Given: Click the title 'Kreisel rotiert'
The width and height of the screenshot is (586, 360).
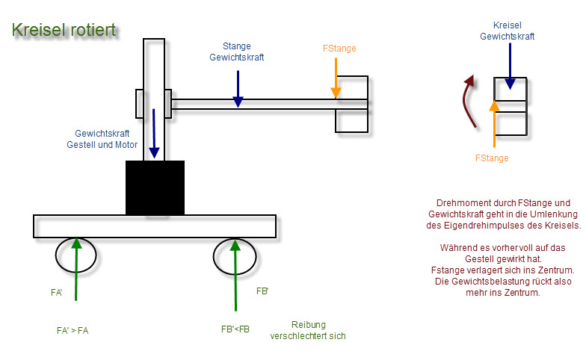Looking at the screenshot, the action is click(x=64, y=30).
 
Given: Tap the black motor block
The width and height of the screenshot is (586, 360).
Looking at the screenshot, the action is click(x=155, y=188).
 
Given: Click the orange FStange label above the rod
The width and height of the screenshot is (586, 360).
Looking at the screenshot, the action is click(x=339, y=49).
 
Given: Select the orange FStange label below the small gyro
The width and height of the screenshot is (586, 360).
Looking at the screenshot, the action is click(x=492, y=158).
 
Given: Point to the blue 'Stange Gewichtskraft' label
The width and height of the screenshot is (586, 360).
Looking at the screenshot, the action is click(x=236, y=52).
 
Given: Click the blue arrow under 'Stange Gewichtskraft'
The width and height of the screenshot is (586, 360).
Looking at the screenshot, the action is click(x=238, y=89).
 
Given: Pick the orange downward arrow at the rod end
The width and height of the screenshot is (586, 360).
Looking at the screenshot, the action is click(x=336, y=78).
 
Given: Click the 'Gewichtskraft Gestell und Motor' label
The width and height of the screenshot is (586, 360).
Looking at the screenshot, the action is click(x=102, y=139).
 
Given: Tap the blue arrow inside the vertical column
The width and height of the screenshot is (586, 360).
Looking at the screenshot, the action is click(x=154, y=134).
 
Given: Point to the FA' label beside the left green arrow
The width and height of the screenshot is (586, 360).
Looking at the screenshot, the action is click(x=57, y=293).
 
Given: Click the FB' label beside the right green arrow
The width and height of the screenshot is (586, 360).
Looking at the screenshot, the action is click(x=262, y=291).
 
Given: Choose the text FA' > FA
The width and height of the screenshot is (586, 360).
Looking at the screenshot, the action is click(x=73, y=331).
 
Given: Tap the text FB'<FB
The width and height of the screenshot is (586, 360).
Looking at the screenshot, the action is click(x=235, y=329).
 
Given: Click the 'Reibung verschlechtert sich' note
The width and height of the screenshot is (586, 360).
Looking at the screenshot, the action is click(x=308, y=330).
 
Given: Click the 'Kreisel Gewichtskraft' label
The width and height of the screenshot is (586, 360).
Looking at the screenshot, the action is click(x=507, y=31).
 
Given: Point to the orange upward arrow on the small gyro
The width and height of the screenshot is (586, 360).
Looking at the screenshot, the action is click(x=495, y=124).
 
